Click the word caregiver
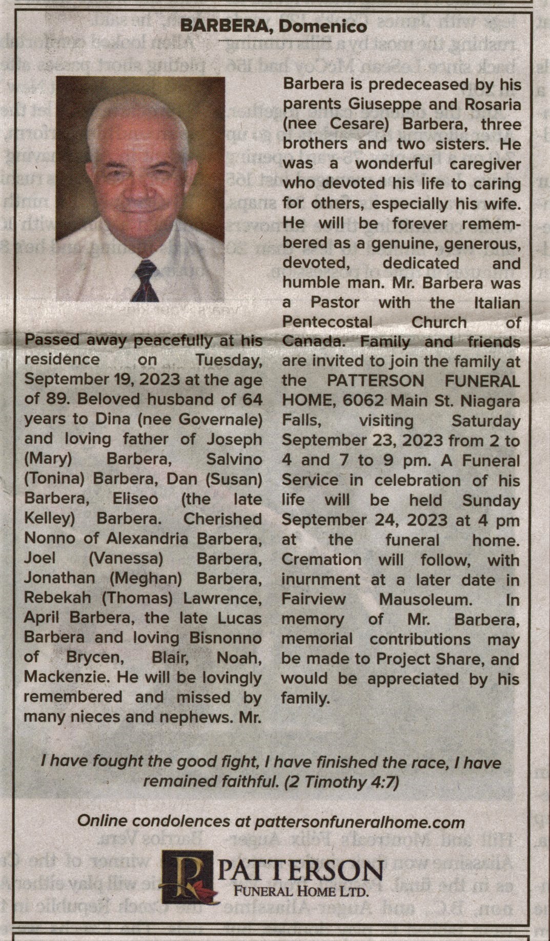click(x=485, y=164)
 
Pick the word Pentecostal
click(x=328, y=323)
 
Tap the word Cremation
click(x=321, y=560)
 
